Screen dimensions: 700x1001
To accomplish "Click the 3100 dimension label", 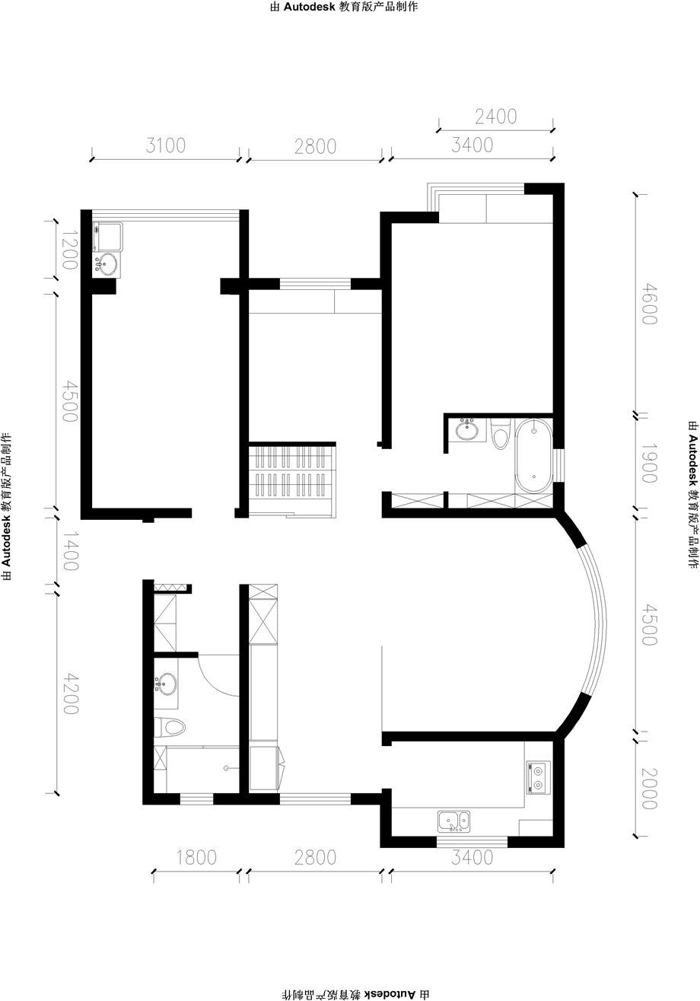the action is point(165,145).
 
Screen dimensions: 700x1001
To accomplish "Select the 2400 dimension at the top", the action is point(495,116).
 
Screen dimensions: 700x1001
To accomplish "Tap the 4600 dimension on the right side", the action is point(649,305).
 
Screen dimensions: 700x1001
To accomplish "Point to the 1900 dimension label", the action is point(649,464).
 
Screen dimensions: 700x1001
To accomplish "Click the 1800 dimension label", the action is point(196,858).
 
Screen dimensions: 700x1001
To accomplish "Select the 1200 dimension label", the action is point(70,250).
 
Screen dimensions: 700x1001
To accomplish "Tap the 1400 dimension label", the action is point(70,551).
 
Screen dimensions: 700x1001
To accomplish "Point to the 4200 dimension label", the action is point(70,694).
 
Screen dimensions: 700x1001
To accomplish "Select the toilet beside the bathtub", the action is point(499,432).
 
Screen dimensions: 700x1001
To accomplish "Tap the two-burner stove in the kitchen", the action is point(538,778).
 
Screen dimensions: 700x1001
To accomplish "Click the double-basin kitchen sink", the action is point(453,821).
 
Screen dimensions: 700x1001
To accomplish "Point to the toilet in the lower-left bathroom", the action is point(169,727).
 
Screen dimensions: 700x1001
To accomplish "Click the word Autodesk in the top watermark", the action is point(309,7).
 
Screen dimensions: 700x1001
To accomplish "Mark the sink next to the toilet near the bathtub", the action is point(467,430).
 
